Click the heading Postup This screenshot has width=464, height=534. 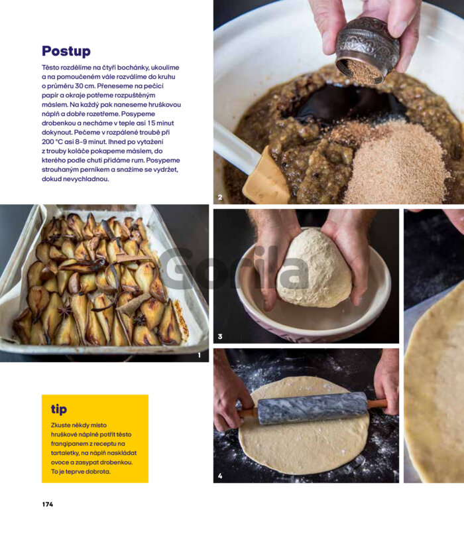tap(66, 52)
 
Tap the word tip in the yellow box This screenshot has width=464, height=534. tap(59, 409)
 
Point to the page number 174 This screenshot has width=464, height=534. tap(48, 504)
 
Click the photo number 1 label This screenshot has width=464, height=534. tap(200, 355)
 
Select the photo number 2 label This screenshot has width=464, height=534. tap(220, 197)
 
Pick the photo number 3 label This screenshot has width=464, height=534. tap(220, 336)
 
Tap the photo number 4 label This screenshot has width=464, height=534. tap(220, 476)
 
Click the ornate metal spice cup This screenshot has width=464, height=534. tap(367, 51)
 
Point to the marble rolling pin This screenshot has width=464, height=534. tap(312, 408)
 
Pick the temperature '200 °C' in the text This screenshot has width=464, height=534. tap(53, 142)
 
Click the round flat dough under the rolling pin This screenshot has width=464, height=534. tap(304, 442)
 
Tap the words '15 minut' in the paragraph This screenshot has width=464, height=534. tap(160, 123)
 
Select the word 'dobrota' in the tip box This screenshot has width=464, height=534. tap(98, 472)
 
